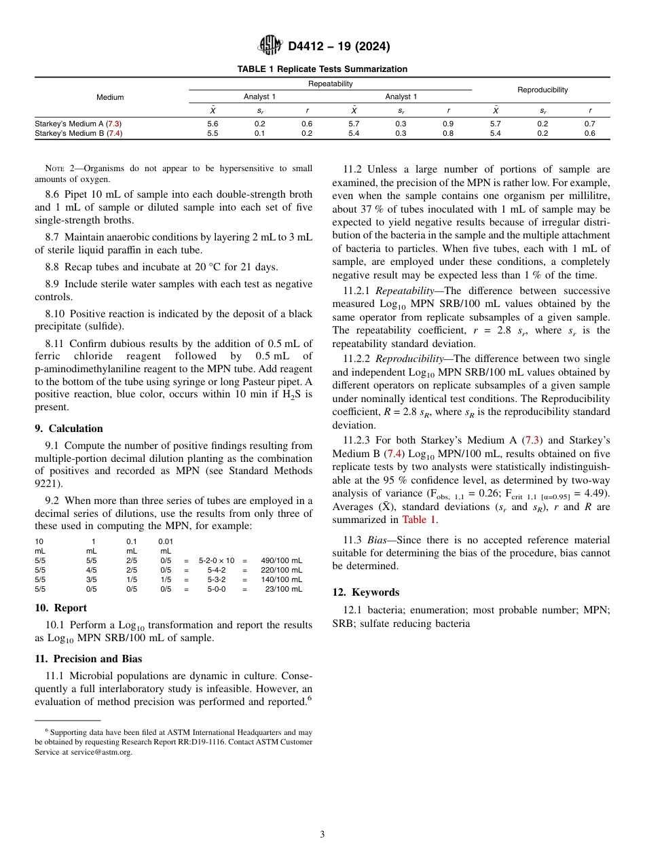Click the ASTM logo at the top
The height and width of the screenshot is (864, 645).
272,46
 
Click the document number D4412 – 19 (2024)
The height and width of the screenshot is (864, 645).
339,46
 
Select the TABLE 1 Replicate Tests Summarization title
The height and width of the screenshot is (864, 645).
322,69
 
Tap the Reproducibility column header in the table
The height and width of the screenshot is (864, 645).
542,90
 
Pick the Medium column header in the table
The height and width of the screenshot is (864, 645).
110,97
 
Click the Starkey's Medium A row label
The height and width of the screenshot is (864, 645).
78,124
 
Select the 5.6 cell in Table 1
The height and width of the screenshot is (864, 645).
213,124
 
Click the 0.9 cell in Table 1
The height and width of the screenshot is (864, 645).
448,124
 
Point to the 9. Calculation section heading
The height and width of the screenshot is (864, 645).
69,429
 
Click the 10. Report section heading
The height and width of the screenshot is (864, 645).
60,608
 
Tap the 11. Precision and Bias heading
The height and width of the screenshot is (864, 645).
88,658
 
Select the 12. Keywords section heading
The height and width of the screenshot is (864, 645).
365,592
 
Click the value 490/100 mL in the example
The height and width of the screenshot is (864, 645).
281,561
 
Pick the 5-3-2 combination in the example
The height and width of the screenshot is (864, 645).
217,580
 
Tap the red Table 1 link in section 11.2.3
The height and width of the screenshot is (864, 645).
420,520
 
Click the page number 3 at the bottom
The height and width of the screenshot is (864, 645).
322,834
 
